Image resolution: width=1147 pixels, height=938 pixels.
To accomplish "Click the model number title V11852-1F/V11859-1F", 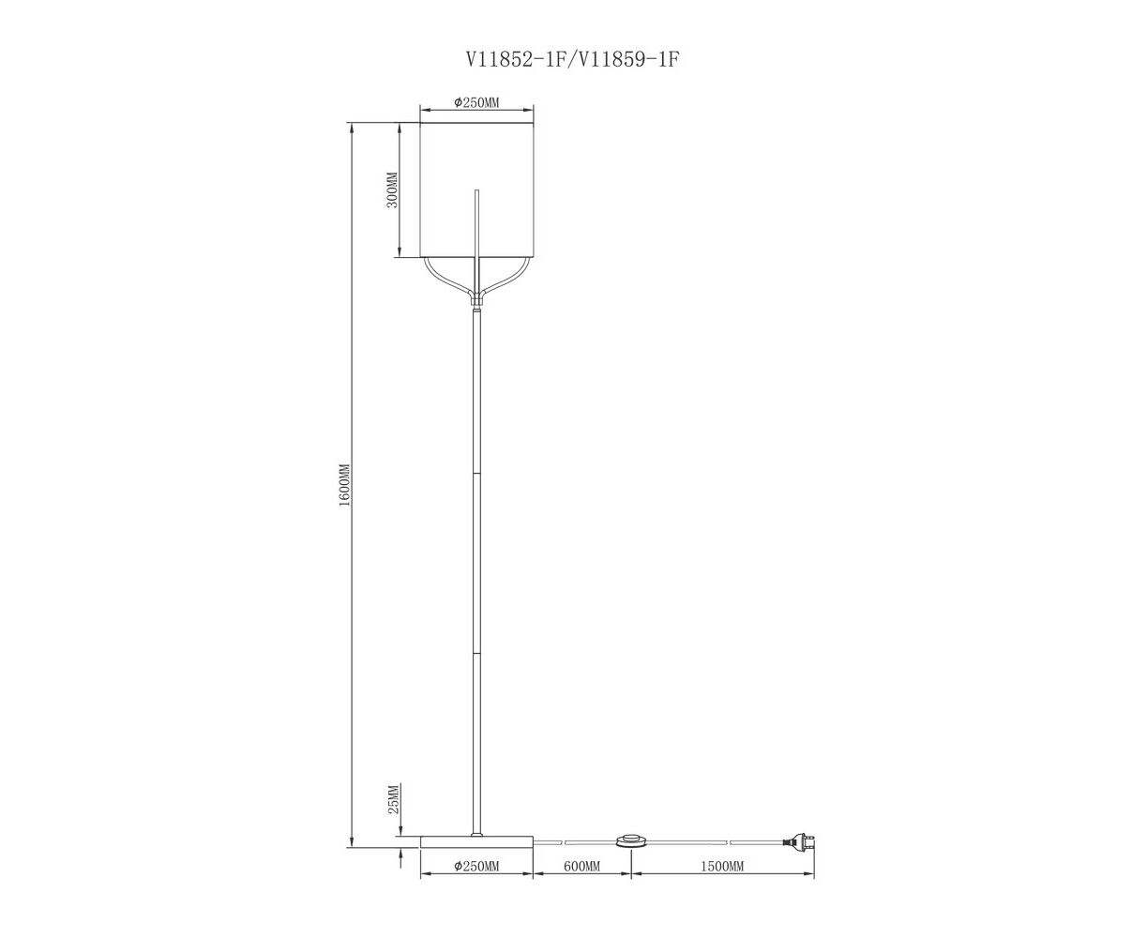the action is (571, 59).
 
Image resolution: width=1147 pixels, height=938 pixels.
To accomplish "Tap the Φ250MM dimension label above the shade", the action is (476, 102).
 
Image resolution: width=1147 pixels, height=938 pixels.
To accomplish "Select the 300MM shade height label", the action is (392, 189).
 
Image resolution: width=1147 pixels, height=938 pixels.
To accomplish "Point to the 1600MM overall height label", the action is (343, 485).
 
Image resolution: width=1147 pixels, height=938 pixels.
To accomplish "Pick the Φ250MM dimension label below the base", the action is (476, 866).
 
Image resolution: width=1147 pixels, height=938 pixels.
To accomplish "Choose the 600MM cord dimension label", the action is (581, 866).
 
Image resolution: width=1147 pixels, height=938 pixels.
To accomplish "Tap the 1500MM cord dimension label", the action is (722, 866).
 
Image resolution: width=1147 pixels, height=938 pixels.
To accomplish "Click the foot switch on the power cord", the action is (631, 840).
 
